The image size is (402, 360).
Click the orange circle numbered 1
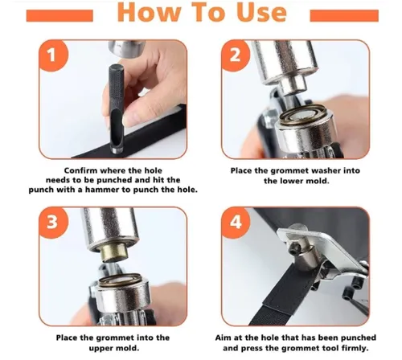(x=53, y=55)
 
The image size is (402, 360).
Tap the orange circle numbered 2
(x=235, y=55)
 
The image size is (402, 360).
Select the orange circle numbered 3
(x=53, y=222)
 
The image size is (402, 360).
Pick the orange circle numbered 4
(x=235, y=222)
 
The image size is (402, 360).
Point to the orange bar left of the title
(x=59, y=15)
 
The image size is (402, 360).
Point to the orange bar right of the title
(x=344, y=15)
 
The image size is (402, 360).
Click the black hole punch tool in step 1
(x=117, y=108)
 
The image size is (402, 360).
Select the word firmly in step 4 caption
(x=355, y=348)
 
